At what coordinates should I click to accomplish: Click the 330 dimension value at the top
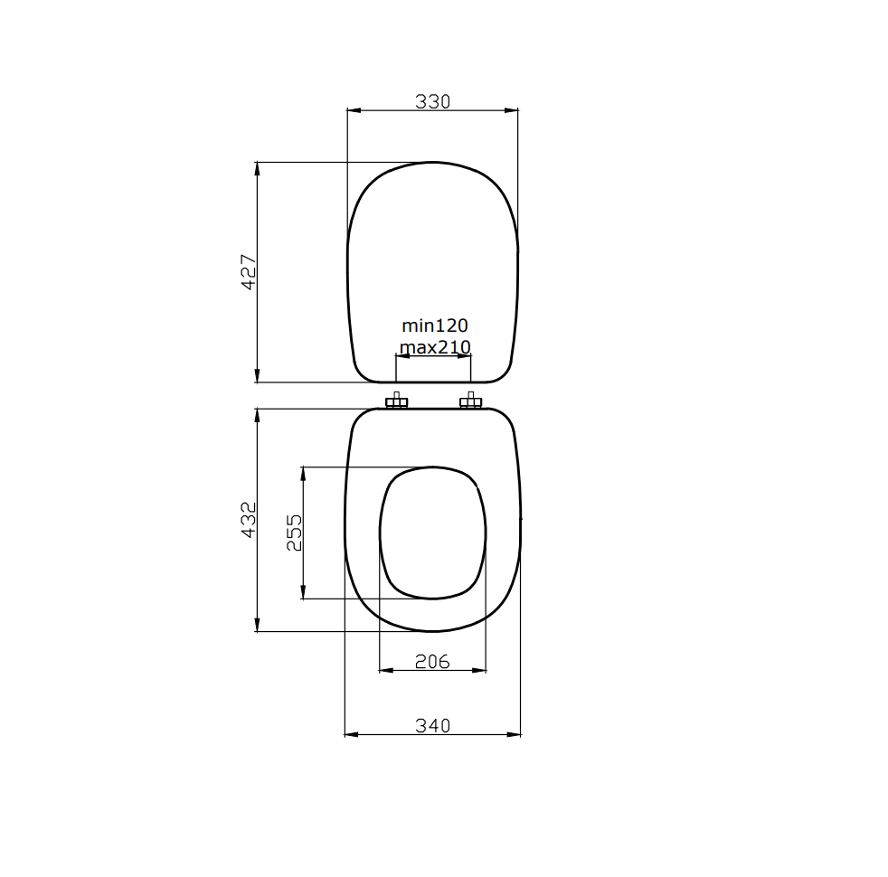pos(432,101)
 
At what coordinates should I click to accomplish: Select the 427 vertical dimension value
pos(249,271)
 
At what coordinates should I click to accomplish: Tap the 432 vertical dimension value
pos(249,519)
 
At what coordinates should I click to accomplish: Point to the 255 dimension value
pos(294,533)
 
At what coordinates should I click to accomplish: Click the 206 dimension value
pos(432,662)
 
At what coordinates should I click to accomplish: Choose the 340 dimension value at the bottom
pos(432,725)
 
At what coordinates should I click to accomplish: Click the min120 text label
pos(435,325)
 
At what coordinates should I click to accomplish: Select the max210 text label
pos(435,347)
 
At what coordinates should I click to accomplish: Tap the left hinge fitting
pos(396,401)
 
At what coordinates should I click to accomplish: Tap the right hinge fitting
pos(470,401)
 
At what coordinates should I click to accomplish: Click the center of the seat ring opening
pos(432,533)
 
